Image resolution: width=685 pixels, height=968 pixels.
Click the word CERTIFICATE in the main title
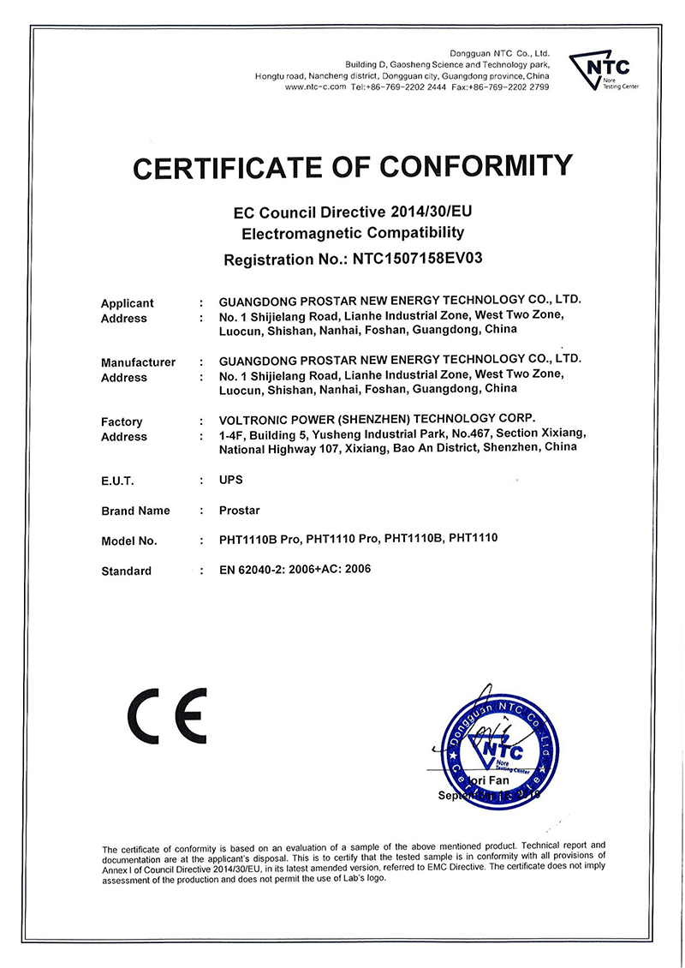(x=232, y=166)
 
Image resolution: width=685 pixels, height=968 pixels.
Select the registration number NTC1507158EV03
(x=419, y=257)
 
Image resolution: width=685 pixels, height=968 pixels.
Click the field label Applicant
(x=128, y=303)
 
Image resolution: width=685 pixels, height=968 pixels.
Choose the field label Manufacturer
(x=138, y=362)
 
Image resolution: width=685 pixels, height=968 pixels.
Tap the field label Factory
(x=122, y=421)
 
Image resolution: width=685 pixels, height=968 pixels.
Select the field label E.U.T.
(x=117, y=481)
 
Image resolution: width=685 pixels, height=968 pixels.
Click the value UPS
(x=231, y=481)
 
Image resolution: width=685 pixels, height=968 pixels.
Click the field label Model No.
(x=129, y=541)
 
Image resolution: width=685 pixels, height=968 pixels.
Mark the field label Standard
(x=126, y=571)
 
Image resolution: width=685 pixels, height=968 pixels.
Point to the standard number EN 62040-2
(x=256, y=569)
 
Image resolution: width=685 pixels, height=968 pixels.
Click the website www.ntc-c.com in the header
(x=315, y=87)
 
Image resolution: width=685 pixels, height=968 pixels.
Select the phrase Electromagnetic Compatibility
(x=353, y=233)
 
